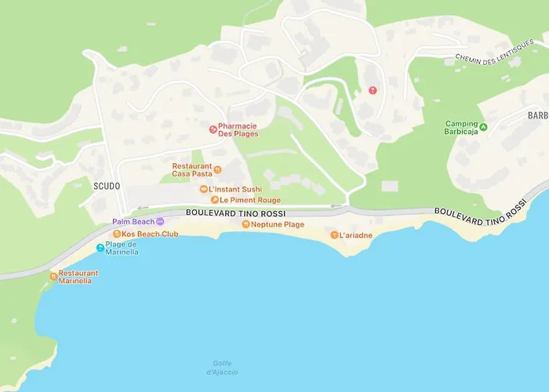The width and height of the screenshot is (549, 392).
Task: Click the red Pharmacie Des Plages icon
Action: pyautogui.click(x=212, y=129)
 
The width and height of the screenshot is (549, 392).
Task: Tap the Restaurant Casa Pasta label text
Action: pyautogui.click(x=192, y=169)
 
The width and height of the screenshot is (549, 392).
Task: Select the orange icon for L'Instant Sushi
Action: pyautogui.click(x=203, y=189)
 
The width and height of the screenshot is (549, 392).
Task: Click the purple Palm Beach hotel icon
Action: pyautogui.click(x=160, y=222)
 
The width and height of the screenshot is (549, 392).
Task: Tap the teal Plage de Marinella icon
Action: pyautogui.click(x=100, y=249)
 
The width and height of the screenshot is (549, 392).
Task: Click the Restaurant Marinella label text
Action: pyautogui.click(x=78, y=277)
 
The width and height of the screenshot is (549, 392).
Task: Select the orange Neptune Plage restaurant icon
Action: pyautogui.click(x=245, y=224)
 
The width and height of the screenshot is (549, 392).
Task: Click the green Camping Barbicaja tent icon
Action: pyautogui.click(x=483, y=127)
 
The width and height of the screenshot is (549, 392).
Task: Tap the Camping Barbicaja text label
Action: pyautogui.click(x=461, y=127)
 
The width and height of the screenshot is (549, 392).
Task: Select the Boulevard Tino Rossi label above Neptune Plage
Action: pyautogui.click(x=235, y=213)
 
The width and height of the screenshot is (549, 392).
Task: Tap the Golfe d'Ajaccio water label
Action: pyautogui.click(x=225, y=367)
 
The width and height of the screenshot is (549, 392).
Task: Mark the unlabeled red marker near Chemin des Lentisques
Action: pyautogui.click(x=373, y=90)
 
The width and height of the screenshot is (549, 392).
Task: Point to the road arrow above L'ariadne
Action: pyautogui.click(x=336, y=207)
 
